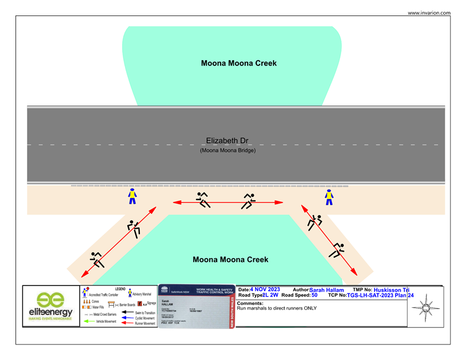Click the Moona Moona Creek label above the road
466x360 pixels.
tap(238, 63)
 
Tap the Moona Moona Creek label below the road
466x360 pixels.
tap(230, 260)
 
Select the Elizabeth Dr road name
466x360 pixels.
tap(227, 140)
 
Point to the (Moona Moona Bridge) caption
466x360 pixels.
tap(228, 150)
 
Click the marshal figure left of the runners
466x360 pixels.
tap(132, 197)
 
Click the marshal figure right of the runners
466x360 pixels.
tap(329, 197)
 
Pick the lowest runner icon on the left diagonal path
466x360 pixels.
tap(96, 260)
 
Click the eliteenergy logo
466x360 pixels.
tap(50, 307)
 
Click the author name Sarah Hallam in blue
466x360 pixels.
tap(327, 290)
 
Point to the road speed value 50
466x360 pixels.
tap(315, 295)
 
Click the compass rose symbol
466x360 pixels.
tap(425, 308)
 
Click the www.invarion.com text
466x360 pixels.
tap(429, 13)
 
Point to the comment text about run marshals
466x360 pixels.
tap(276, 308)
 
